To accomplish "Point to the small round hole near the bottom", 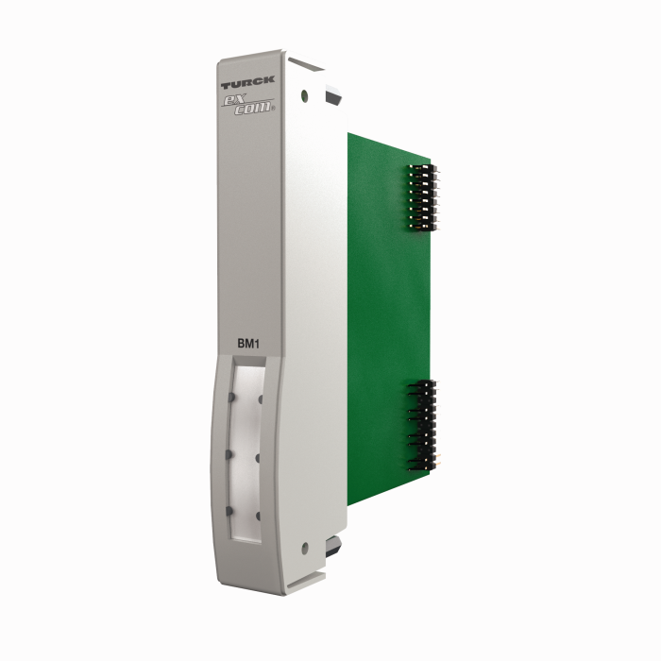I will pyautogui.click(x=304, y=547).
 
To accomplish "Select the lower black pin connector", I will pyautogui.click(x=422, y=424).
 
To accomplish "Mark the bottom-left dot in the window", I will pyautogui.click(x=229, y=511).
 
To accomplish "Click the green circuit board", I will pyautogui.click(x=387, y=312).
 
